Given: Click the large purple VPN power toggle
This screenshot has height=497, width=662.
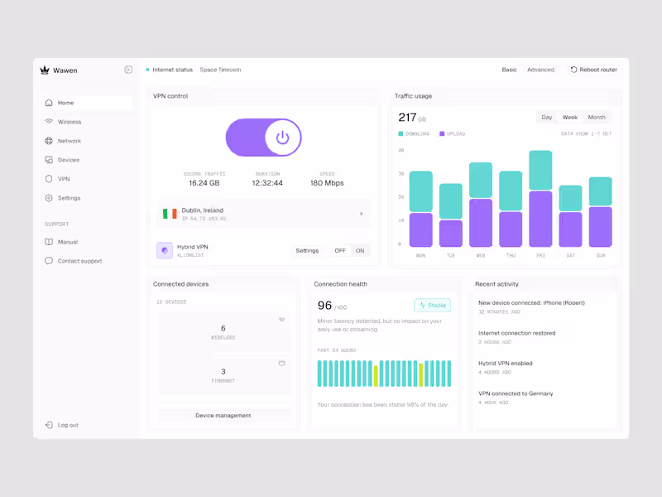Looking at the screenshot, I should click(x=263, y=138).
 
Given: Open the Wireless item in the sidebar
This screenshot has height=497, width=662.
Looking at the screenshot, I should click(x=70, y=122).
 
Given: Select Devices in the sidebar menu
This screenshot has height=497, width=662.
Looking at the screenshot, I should click(x=68, y=160).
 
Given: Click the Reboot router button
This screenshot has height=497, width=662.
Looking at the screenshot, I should click(x=594, y=70).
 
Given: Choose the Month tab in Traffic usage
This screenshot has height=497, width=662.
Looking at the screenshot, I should click(x=597, y=118).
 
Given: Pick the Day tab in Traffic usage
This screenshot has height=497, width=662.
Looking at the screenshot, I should click(x=547, y=118).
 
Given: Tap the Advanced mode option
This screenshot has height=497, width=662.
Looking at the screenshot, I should click(x=540, y=70).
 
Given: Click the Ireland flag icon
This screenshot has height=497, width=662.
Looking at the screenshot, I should click(x=170, y=214).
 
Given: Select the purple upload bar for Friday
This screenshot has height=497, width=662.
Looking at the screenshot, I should click(x=540, y=219).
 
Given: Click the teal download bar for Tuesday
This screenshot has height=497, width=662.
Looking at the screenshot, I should click(x=451, y=201).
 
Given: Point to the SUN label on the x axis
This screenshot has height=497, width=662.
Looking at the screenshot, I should click(x=601, y=255).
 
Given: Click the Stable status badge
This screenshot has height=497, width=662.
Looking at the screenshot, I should click(x=433, y=305).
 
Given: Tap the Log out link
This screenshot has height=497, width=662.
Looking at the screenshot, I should click(x=68, y=425).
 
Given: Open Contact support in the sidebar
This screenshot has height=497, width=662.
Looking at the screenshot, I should click(x=79, y=261).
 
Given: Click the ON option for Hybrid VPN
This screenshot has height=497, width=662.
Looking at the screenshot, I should click(x=360, y=250).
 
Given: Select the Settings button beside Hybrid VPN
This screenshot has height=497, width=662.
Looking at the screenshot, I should click(x=307, y=250).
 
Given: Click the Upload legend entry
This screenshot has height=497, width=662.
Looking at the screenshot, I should click(x=453, y=133).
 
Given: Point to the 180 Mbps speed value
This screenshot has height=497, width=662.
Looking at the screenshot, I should click(x=327, y=183).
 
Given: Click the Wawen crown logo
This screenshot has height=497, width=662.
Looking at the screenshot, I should click(x=45, y=70).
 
